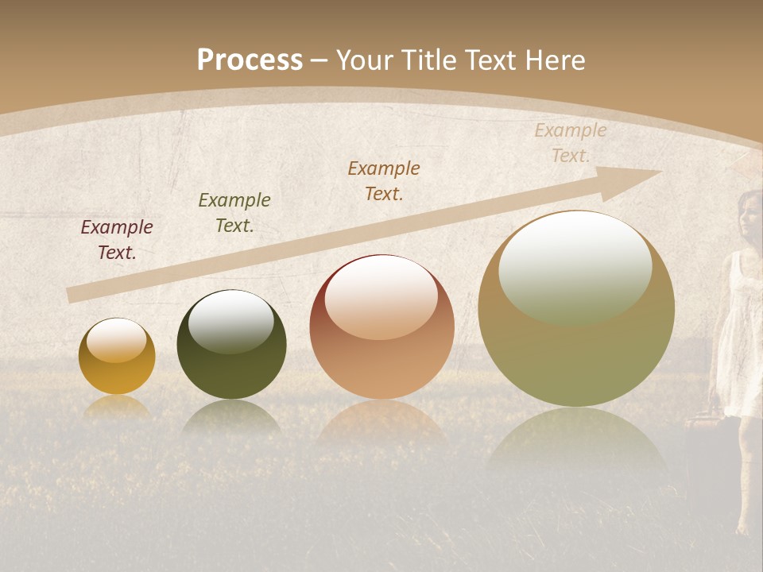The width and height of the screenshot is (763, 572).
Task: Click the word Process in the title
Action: coord(250,60)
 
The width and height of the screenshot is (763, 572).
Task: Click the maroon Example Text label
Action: coord(117,240)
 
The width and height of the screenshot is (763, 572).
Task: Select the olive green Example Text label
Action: coord(234,213)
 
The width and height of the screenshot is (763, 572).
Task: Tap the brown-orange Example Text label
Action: coord(384,181)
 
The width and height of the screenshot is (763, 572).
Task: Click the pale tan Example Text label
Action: coord(571,143)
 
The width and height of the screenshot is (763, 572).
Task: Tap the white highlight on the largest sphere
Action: coord(575,266)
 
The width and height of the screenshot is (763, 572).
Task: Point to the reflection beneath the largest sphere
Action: coord(576,441)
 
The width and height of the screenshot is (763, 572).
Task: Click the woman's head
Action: coord(750,211)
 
